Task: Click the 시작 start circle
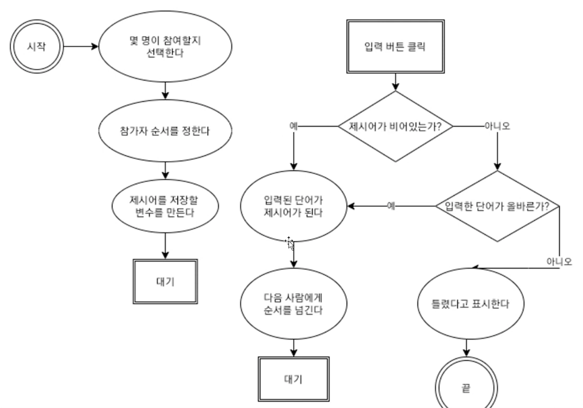36,46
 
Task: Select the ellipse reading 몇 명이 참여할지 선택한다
165,46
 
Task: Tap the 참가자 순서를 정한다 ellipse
165,131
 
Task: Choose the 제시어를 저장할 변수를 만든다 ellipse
165,206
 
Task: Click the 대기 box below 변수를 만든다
165,282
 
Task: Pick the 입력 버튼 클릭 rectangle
395,47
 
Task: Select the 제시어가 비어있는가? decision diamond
395,126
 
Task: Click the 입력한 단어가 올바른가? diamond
497,206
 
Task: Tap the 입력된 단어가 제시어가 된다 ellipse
293,206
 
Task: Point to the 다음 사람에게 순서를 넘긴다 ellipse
293,303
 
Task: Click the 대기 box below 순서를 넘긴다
293,379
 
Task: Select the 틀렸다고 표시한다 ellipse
470,303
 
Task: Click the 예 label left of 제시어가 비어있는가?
293,126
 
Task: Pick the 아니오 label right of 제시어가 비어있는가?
497,126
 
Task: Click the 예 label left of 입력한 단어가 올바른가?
391,206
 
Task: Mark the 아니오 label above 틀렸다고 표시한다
559,261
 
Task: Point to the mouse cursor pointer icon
290,243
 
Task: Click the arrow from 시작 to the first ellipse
81,46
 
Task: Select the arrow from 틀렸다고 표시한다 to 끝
467,348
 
